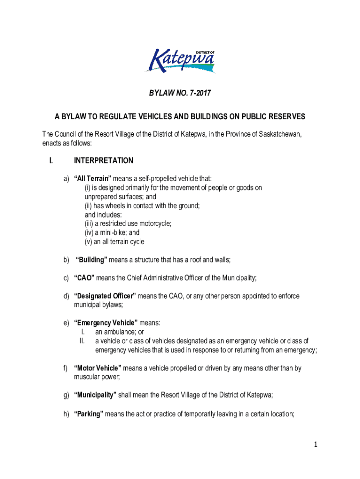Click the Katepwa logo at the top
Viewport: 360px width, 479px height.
coord(180,61)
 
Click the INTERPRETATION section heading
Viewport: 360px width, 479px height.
coord(103,161)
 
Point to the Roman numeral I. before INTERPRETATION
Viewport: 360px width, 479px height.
coord(50,161)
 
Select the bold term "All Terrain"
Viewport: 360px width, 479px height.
coord(92,179)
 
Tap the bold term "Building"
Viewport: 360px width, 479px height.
coord(94,260)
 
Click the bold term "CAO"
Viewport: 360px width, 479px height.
coord(84,278)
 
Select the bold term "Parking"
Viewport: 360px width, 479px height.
coord(88,414)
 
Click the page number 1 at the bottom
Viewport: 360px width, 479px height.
coord(316,445)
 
